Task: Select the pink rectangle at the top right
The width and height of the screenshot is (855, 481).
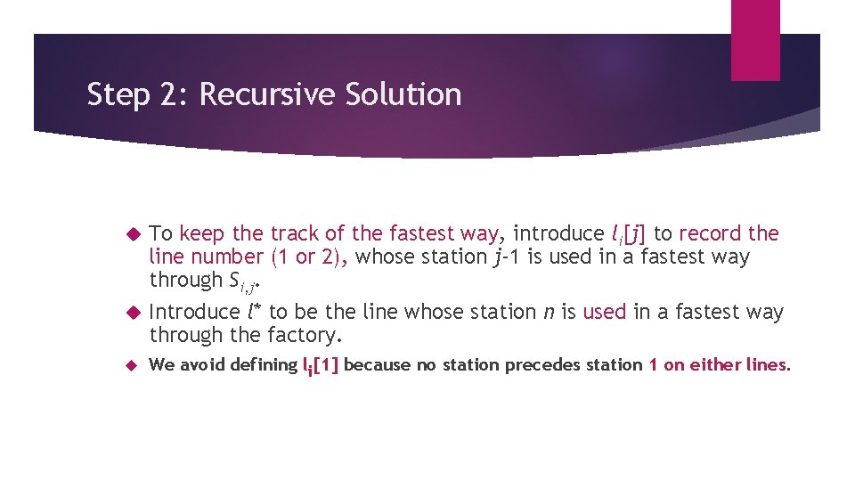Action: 755,39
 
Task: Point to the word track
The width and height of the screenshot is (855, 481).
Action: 295,234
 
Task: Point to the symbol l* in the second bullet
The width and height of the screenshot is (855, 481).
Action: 255,312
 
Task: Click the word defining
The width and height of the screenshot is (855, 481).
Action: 264,365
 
